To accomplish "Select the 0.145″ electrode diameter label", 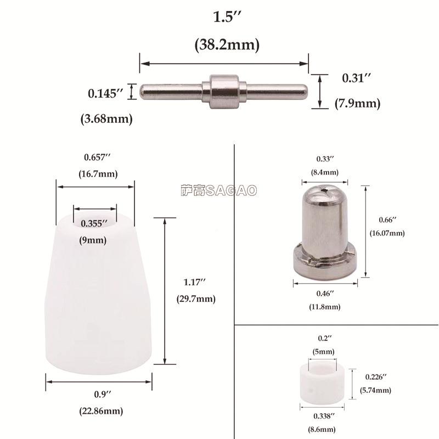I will coord(105,93).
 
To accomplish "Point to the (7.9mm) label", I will coord(357,103).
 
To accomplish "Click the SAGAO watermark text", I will coord(219,190).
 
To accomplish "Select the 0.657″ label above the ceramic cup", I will coord(98,157).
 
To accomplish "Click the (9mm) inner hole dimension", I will coord(94,240).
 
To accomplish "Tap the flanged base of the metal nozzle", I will coord(325,263).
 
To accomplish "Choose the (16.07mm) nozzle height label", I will coord(387,233).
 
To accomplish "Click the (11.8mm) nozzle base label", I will coord(324,306).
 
